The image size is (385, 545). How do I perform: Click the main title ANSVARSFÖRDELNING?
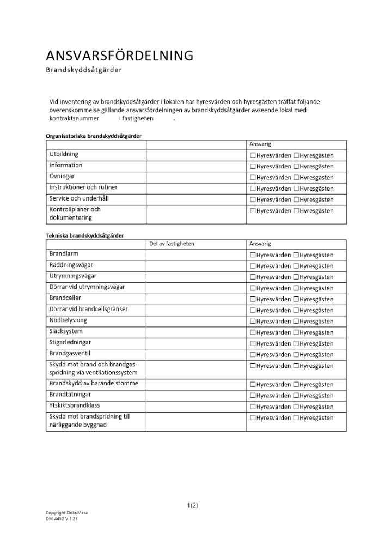pyautogui.click(x=120, y=56)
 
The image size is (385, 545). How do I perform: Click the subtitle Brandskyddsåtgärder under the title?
pyautogui.click(x=83, y=70)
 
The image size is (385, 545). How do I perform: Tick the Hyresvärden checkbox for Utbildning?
pyautogui.click(x=253, y=155)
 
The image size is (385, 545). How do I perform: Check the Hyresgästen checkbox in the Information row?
pyautogui.click(x=296, y=166)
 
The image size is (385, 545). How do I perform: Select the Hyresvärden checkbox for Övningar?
pyautogui.click(x=253, y=178)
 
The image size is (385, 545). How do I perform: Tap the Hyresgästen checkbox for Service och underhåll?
pyautogui.click(x=296, y=199)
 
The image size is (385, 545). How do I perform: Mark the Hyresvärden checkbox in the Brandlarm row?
pyautogui.click(x=253, y=255)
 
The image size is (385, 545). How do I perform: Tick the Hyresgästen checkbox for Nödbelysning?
pyautogui.click(x=296, y=322)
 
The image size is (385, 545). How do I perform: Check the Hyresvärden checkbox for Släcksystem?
pyautogui.click(x=253, y=332)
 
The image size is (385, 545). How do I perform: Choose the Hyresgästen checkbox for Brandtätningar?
pyautogui.click(x=296, y=396)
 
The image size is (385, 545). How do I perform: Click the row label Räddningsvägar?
pyautogui.click(x=71, y=265)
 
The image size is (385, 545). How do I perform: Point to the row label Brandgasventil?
pyautogui.click(x=70, y=353)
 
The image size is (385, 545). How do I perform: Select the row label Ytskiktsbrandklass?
pyautogui.click(x=75, y=405)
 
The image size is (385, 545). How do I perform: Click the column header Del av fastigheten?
pyautogui.click(x=172, y=244)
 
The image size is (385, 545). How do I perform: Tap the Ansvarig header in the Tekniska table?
pyautogui.click(x=260, y=244)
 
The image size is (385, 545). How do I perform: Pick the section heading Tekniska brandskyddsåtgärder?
pyautogui.click(x=84, y=235)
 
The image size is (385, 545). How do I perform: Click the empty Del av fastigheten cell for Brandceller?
pyautogui.click(x=195, y=299)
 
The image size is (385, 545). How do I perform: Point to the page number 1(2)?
pyautogui.click(x=192, y=505)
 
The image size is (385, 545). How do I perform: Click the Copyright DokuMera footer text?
pyautogui.click(x=66, y=513)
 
